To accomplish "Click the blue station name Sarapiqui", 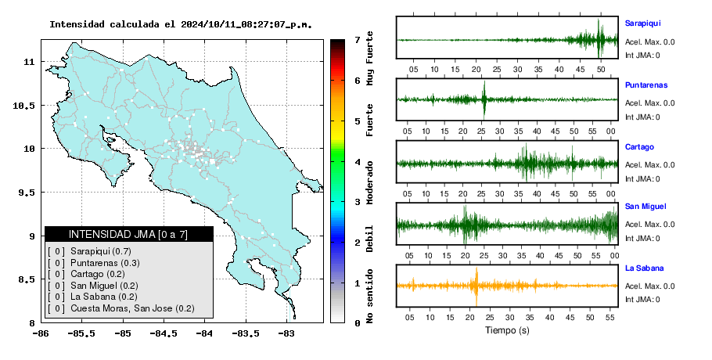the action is pyautogui.click(x=642, y=23).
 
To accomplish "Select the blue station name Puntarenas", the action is pyautogui.click(x=646, y=85).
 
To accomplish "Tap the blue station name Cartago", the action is pyautogui.click(x=639, y=147).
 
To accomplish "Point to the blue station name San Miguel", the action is pyautogui.click(x=645, y=207).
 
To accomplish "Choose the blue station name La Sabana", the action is pyautogui.click(x=644, y=268).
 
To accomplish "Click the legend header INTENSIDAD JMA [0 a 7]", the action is pyautogui.click(x=128, y=234).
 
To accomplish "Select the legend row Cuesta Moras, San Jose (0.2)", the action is pyautogui.click(x=121, y=308).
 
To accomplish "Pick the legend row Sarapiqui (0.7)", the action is pyautogui.click(x=89, y=251).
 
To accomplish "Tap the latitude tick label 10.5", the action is pyautogui.click(x=23, y=106).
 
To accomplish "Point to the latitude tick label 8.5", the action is pyautogui.click(x=26, y=279).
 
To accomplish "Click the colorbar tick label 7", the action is pyautogui.click(x=358, y=40).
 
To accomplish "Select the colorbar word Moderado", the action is pyautogui.click(x=369, y=182).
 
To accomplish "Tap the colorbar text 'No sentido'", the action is pyautogui.click(x=369, y=296).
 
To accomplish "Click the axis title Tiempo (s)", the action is pyautogui.click(x=507, y=330).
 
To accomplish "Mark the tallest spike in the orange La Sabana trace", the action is pyautogui.click(x=476, y=286).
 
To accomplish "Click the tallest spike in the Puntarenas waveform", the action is pyautogui.click(x=484, y=100).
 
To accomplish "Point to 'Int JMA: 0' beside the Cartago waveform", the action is pyautogui.click(x=642, y=179).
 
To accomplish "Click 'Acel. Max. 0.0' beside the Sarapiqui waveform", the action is pyautogui.click(x=649, y=42).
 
